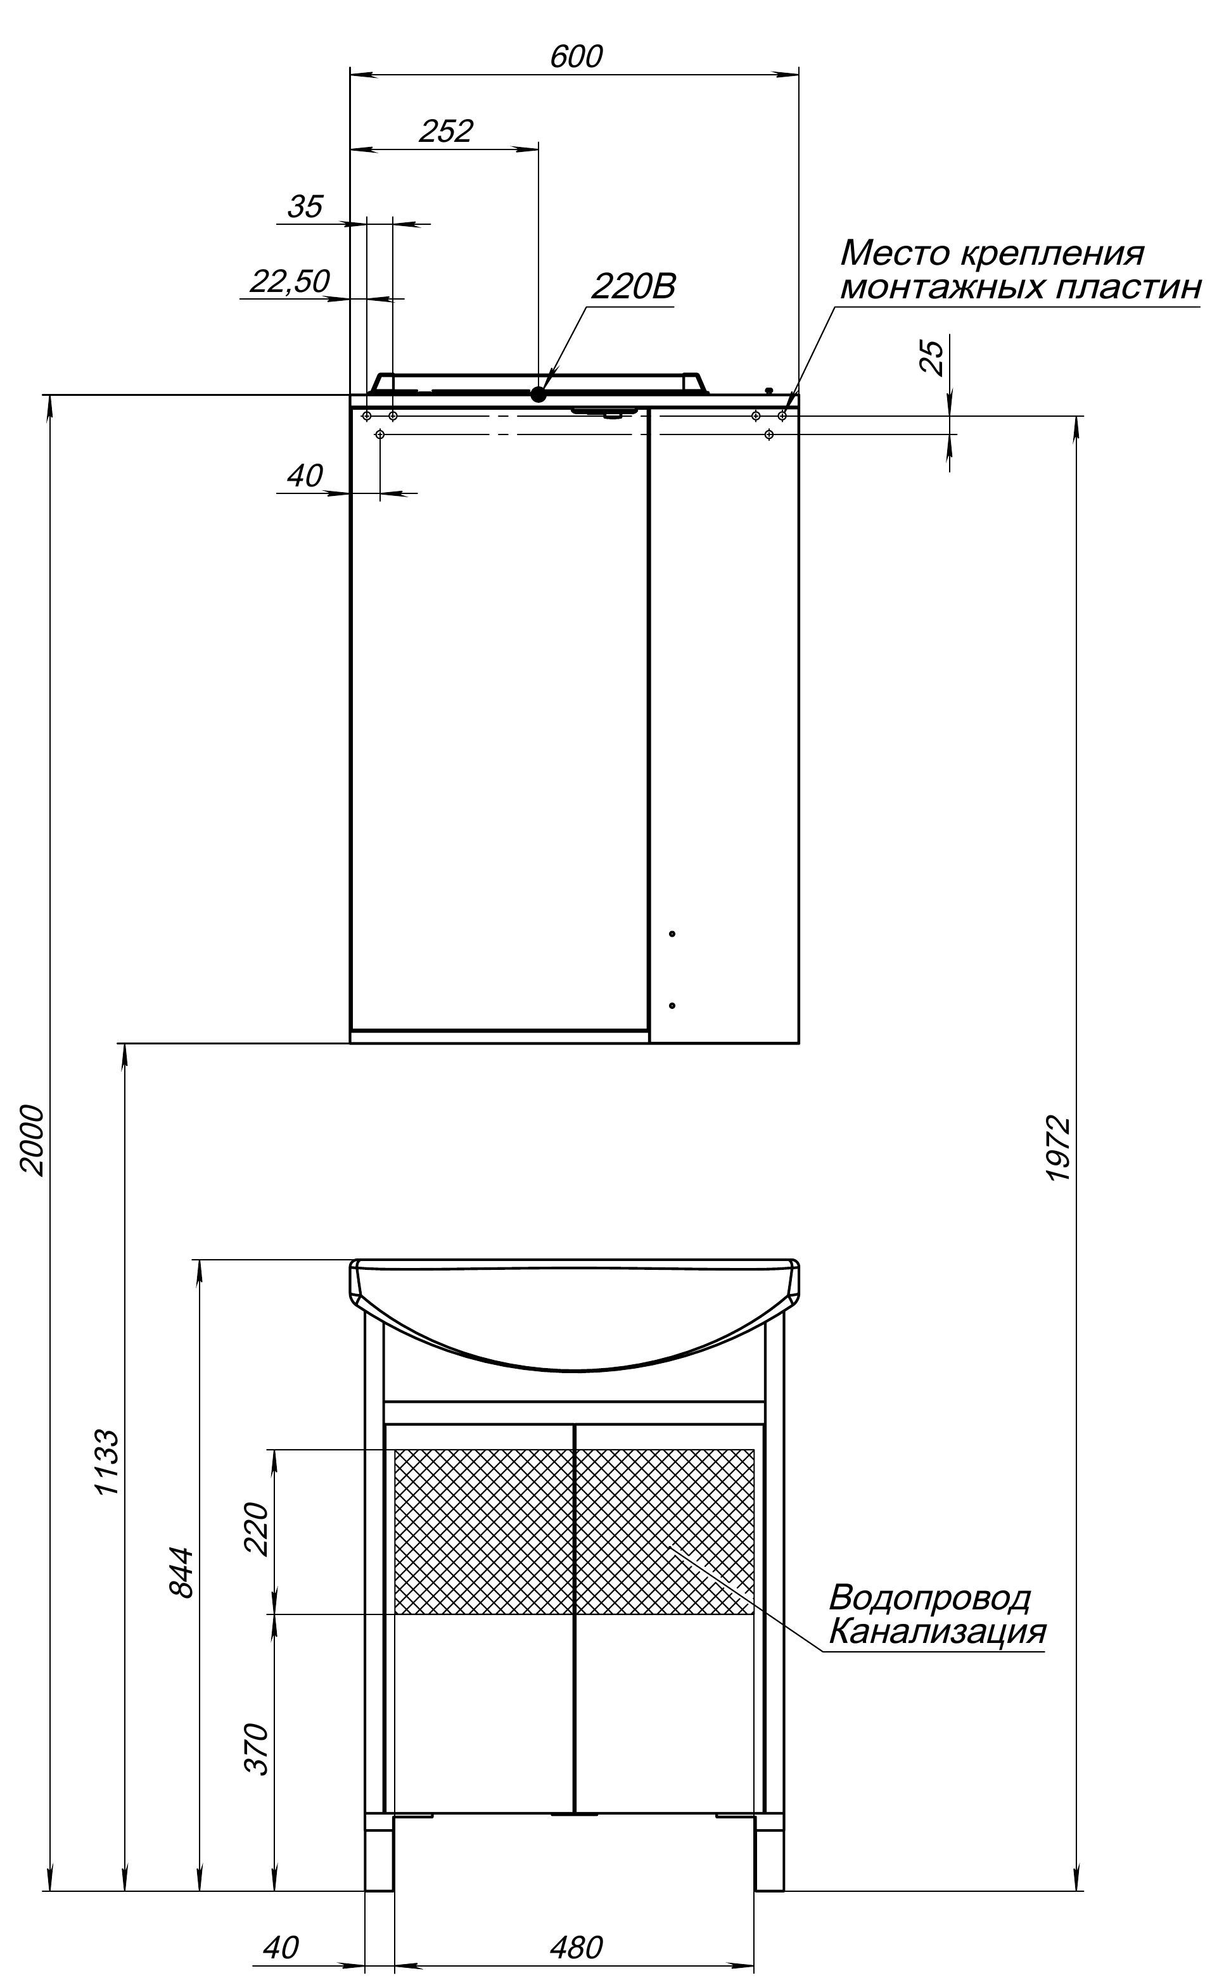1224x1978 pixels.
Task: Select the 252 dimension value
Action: tap(446, 131)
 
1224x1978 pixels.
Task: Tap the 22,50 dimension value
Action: tap(290, 282)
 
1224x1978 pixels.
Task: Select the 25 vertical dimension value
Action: tap(933, 357)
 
